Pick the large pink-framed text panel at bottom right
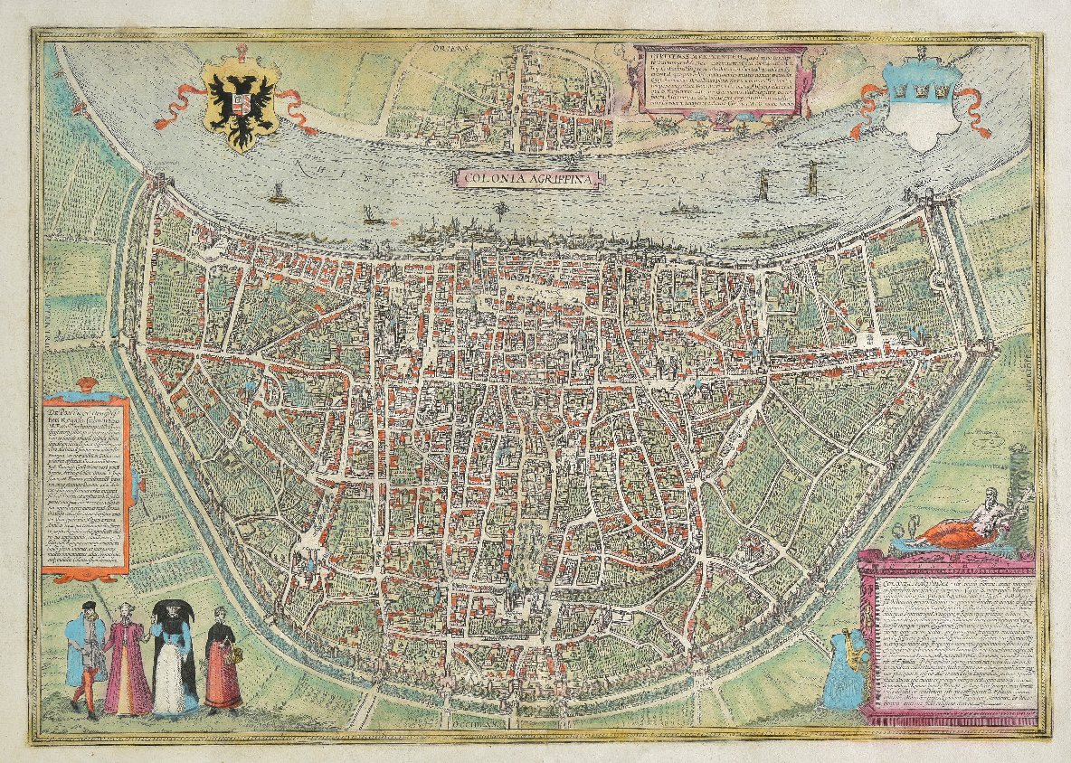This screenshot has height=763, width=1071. pyautogui.click(x=949, y=637)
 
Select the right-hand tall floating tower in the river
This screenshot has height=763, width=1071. pyautogui.click(x=811, y=181)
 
